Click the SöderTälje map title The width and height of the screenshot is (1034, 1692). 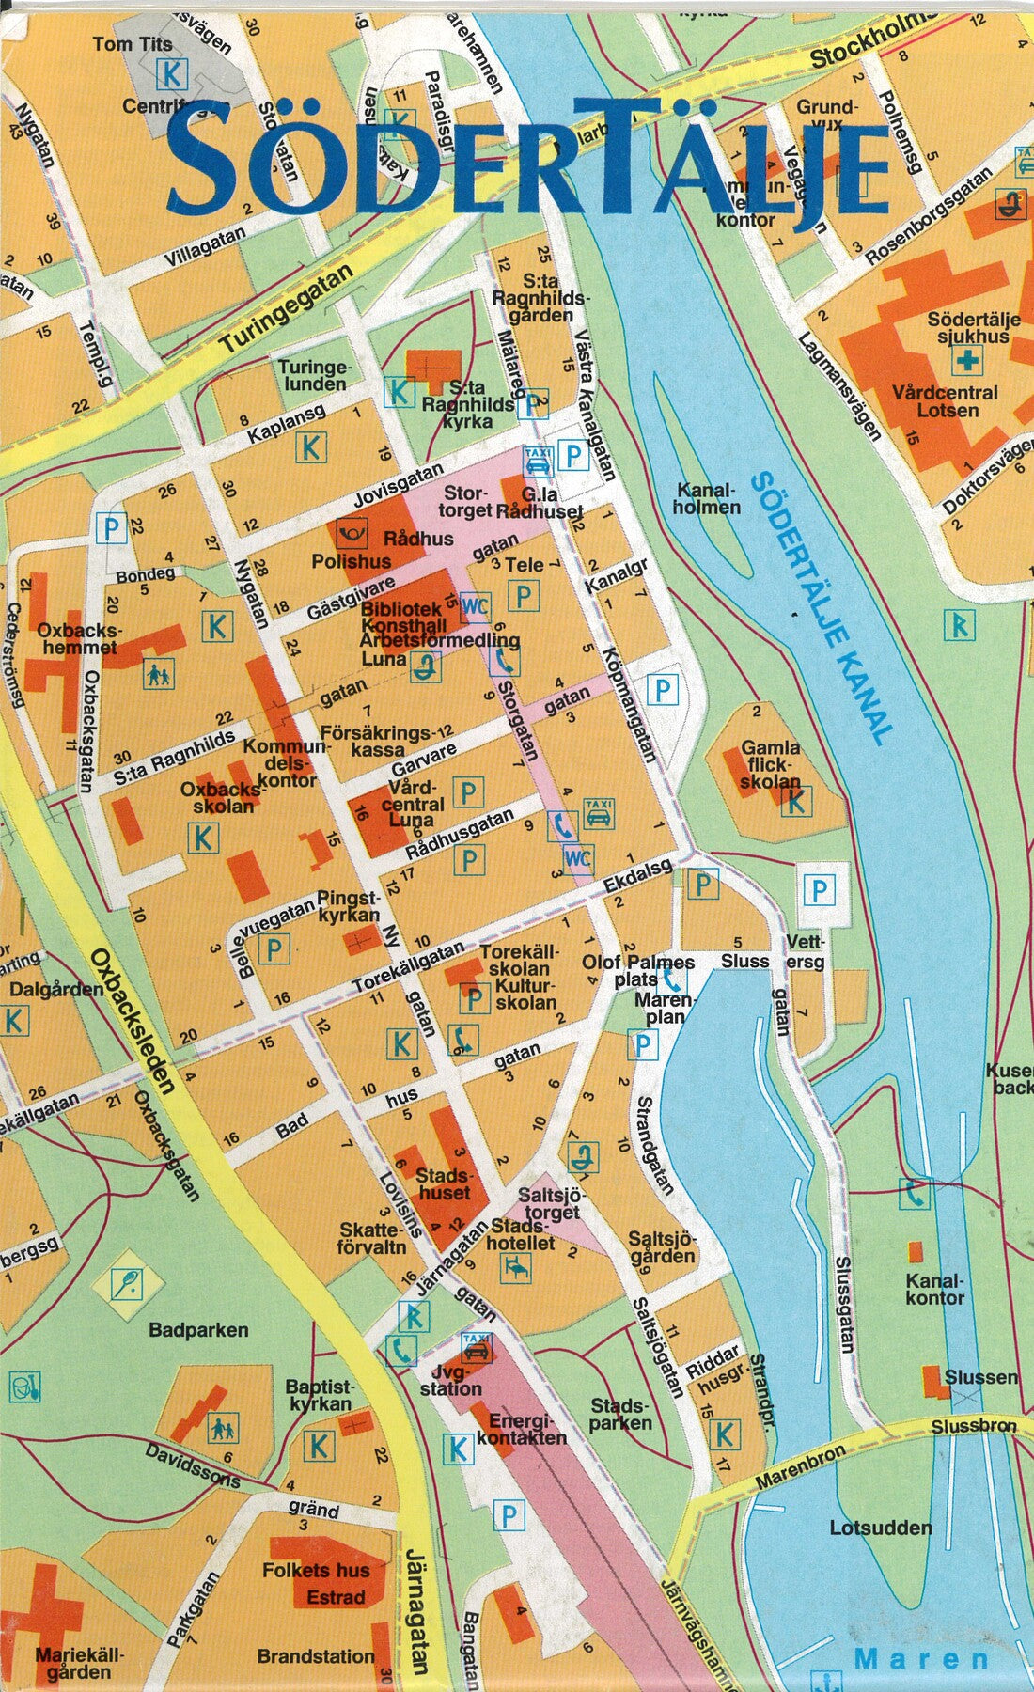[526, 160]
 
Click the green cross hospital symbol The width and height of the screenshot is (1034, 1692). [966, 359]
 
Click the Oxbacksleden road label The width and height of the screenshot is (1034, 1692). [133, 1020]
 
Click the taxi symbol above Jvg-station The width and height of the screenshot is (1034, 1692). [477, 1347]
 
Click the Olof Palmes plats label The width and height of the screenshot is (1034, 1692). [638, 970]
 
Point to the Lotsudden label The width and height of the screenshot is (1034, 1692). [880, 1527]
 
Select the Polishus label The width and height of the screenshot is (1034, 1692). [351, 561]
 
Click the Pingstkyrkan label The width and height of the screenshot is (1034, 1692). [349, 905]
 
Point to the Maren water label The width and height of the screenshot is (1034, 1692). [921, 1659]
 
